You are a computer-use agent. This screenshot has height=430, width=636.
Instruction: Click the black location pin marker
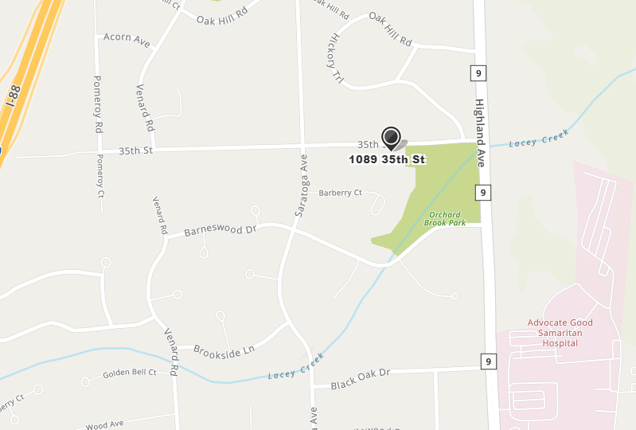pos(391,137)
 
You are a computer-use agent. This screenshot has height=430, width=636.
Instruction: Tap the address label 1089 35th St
pos(387,159)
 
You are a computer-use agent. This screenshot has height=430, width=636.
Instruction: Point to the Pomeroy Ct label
pos(100,174)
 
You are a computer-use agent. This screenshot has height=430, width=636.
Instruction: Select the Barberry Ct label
pos(341,193)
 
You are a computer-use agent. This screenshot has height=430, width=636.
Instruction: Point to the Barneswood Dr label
pos(220,230)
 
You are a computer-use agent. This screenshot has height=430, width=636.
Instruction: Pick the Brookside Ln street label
pos(224,348)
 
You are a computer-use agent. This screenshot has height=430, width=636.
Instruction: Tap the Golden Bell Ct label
pos(130,373)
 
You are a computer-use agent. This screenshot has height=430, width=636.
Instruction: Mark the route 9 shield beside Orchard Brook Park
pos(484,192)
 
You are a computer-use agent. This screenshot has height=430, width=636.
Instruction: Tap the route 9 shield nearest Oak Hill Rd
pos(477,74)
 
